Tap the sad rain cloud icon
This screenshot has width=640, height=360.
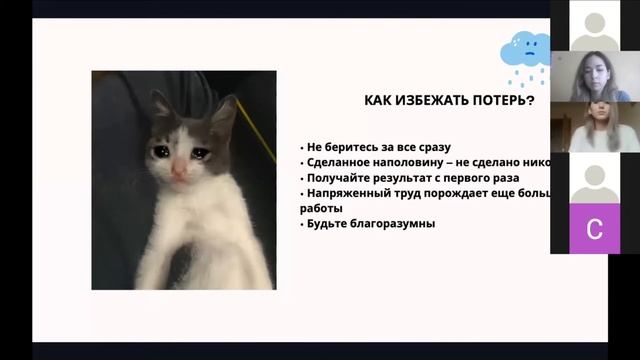(x=525, y=53)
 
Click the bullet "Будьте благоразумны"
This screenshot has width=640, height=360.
(x=367, y=224)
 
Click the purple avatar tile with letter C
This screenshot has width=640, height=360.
(x=594, y=229)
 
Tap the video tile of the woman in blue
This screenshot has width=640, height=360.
(x=594, y=76)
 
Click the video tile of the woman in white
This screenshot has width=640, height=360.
(x=594, y=127)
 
